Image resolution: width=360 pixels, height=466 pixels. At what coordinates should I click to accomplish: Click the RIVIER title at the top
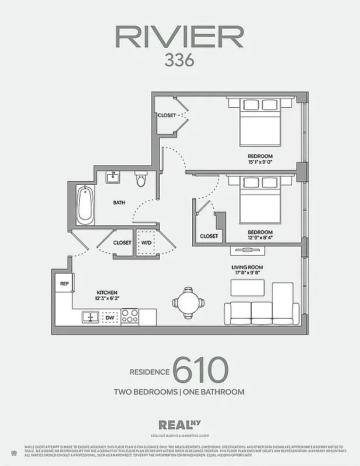179,37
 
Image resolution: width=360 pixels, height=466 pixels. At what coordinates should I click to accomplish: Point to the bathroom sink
114,176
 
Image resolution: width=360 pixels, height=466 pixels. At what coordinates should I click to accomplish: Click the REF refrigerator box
64,284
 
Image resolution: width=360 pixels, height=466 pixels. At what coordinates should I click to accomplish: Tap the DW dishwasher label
110,317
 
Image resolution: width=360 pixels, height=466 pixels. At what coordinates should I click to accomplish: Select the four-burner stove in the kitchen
129,317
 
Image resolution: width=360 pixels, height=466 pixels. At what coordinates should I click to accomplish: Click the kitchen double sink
90,317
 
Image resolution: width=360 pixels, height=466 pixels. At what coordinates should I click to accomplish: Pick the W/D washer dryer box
146,242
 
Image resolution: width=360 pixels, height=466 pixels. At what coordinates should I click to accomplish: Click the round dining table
188,302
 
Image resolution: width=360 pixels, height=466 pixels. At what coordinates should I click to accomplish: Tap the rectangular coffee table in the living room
248,288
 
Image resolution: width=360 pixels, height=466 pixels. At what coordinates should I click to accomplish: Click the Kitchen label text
107,292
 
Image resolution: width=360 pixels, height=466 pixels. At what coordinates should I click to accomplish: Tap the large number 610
200,370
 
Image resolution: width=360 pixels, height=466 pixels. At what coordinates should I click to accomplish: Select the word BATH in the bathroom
119,203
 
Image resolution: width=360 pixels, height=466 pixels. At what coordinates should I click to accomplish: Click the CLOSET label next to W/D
122,242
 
